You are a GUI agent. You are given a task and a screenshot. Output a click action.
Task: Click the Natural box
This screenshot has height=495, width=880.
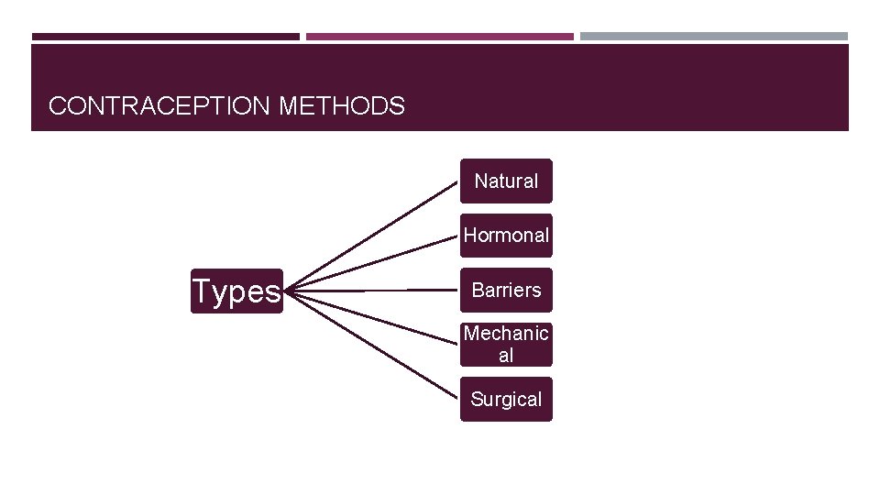coord(506,181)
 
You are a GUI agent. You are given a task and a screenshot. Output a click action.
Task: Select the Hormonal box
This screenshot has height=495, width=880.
coord(506,236)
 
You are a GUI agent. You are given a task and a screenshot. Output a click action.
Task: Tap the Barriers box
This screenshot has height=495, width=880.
coord(506,290)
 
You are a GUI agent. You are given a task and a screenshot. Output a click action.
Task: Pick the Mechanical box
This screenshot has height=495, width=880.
coord(506,344)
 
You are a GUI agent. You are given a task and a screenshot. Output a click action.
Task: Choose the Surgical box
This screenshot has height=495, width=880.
coord(506,399)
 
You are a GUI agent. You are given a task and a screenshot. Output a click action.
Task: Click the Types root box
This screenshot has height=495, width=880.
coord(236,291)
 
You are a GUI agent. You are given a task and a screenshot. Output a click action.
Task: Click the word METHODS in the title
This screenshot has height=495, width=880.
coord(341,106)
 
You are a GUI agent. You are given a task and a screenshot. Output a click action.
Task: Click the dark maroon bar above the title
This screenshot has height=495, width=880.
coord(165,37)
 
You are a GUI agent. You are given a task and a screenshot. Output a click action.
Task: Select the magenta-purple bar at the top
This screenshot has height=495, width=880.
coord(440,37)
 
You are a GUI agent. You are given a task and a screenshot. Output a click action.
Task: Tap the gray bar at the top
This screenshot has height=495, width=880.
coord(714,37)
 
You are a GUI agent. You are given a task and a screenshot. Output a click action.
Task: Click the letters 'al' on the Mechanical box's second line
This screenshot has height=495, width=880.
coord(506,355)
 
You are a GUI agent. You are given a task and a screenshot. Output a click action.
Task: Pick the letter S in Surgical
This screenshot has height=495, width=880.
coord(477,399)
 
